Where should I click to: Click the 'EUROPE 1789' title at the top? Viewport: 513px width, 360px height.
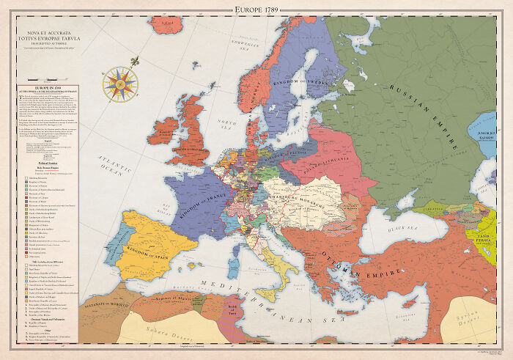256,9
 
